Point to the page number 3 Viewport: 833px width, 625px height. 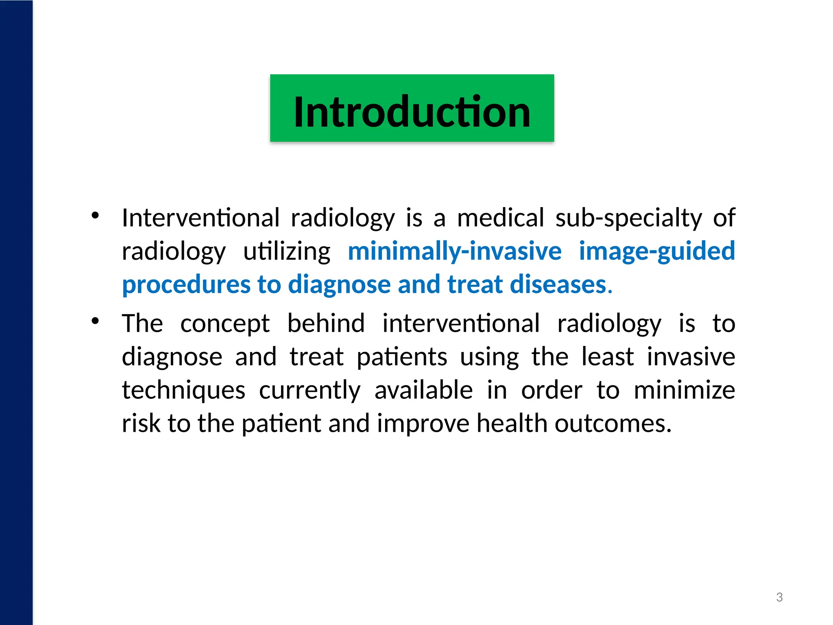tap(779, 597)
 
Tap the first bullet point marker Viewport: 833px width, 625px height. tap(95, 216)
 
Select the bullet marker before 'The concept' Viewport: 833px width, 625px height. tap(95, 321)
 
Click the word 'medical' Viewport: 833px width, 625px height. tap(500, 218)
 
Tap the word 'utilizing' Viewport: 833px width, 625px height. tap(287, 251)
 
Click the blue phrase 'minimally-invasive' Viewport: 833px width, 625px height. tap(454, 251)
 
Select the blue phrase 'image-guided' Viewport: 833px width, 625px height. tap(656, 251)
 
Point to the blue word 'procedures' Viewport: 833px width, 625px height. tap(186, 285)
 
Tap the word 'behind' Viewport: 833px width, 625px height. tap(326, 323)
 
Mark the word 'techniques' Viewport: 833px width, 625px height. tap(183, 391)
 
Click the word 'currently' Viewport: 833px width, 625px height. tap(310, 391)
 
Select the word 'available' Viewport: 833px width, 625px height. tap(423, 390)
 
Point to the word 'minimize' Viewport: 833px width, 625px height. tap(684, 390)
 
